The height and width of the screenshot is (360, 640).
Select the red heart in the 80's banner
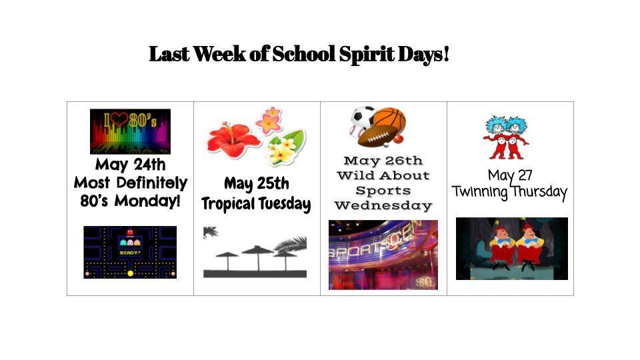coord(119,119)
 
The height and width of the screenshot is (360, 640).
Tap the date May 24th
coord(130,165)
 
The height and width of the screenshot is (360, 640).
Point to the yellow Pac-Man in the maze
coord(130,273)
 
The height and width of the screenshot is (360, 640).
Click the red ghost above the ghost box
coord(130,232)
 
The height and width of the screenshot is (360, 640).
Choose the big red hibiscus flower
coord(233,141)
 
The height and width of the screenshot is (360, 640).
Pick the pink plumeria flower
coord(269,121)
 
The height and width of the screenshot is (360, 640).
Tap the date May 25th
coord(256,183)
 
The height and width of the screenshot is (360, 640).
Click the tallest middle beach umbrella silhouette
coord(257,257)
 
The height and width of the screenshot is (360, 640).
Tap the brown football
coord(377,137)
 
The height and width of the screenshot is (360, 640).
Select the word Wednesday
coord(383,205)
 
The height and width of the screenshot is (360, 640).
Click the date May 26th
coord(383,161)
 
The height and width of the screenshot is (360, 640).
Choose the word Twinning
coord(479,192)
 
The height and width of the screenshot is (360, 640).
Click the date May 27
coord(510,175)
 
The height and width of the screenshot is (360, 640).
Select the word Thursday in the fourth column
coord(539,192)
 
